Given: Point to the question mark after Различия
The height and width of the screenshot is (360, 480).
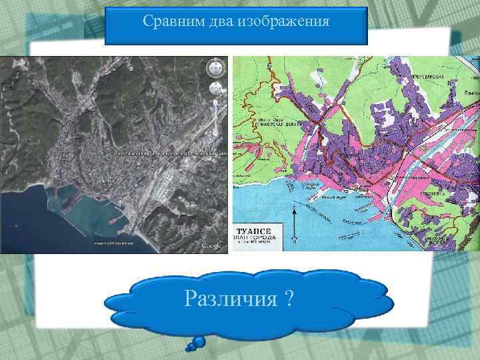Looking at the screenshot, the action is pyautogui.click(x=287, y=299).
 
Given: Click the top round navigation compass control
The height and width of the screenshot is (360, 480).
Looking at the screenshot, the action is pyautogui.click(x=215, y=67).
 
